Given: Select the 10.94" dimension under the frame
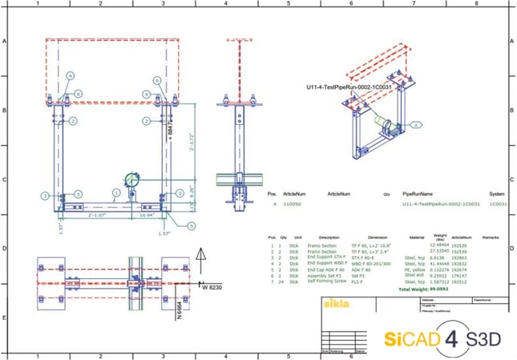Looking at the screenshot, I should (x=147, y=216).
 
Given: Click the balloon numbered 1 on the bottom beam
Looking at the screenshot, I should (x=116, y=192).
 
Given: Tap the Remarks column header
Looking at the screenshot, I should (x=491, y=237).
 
